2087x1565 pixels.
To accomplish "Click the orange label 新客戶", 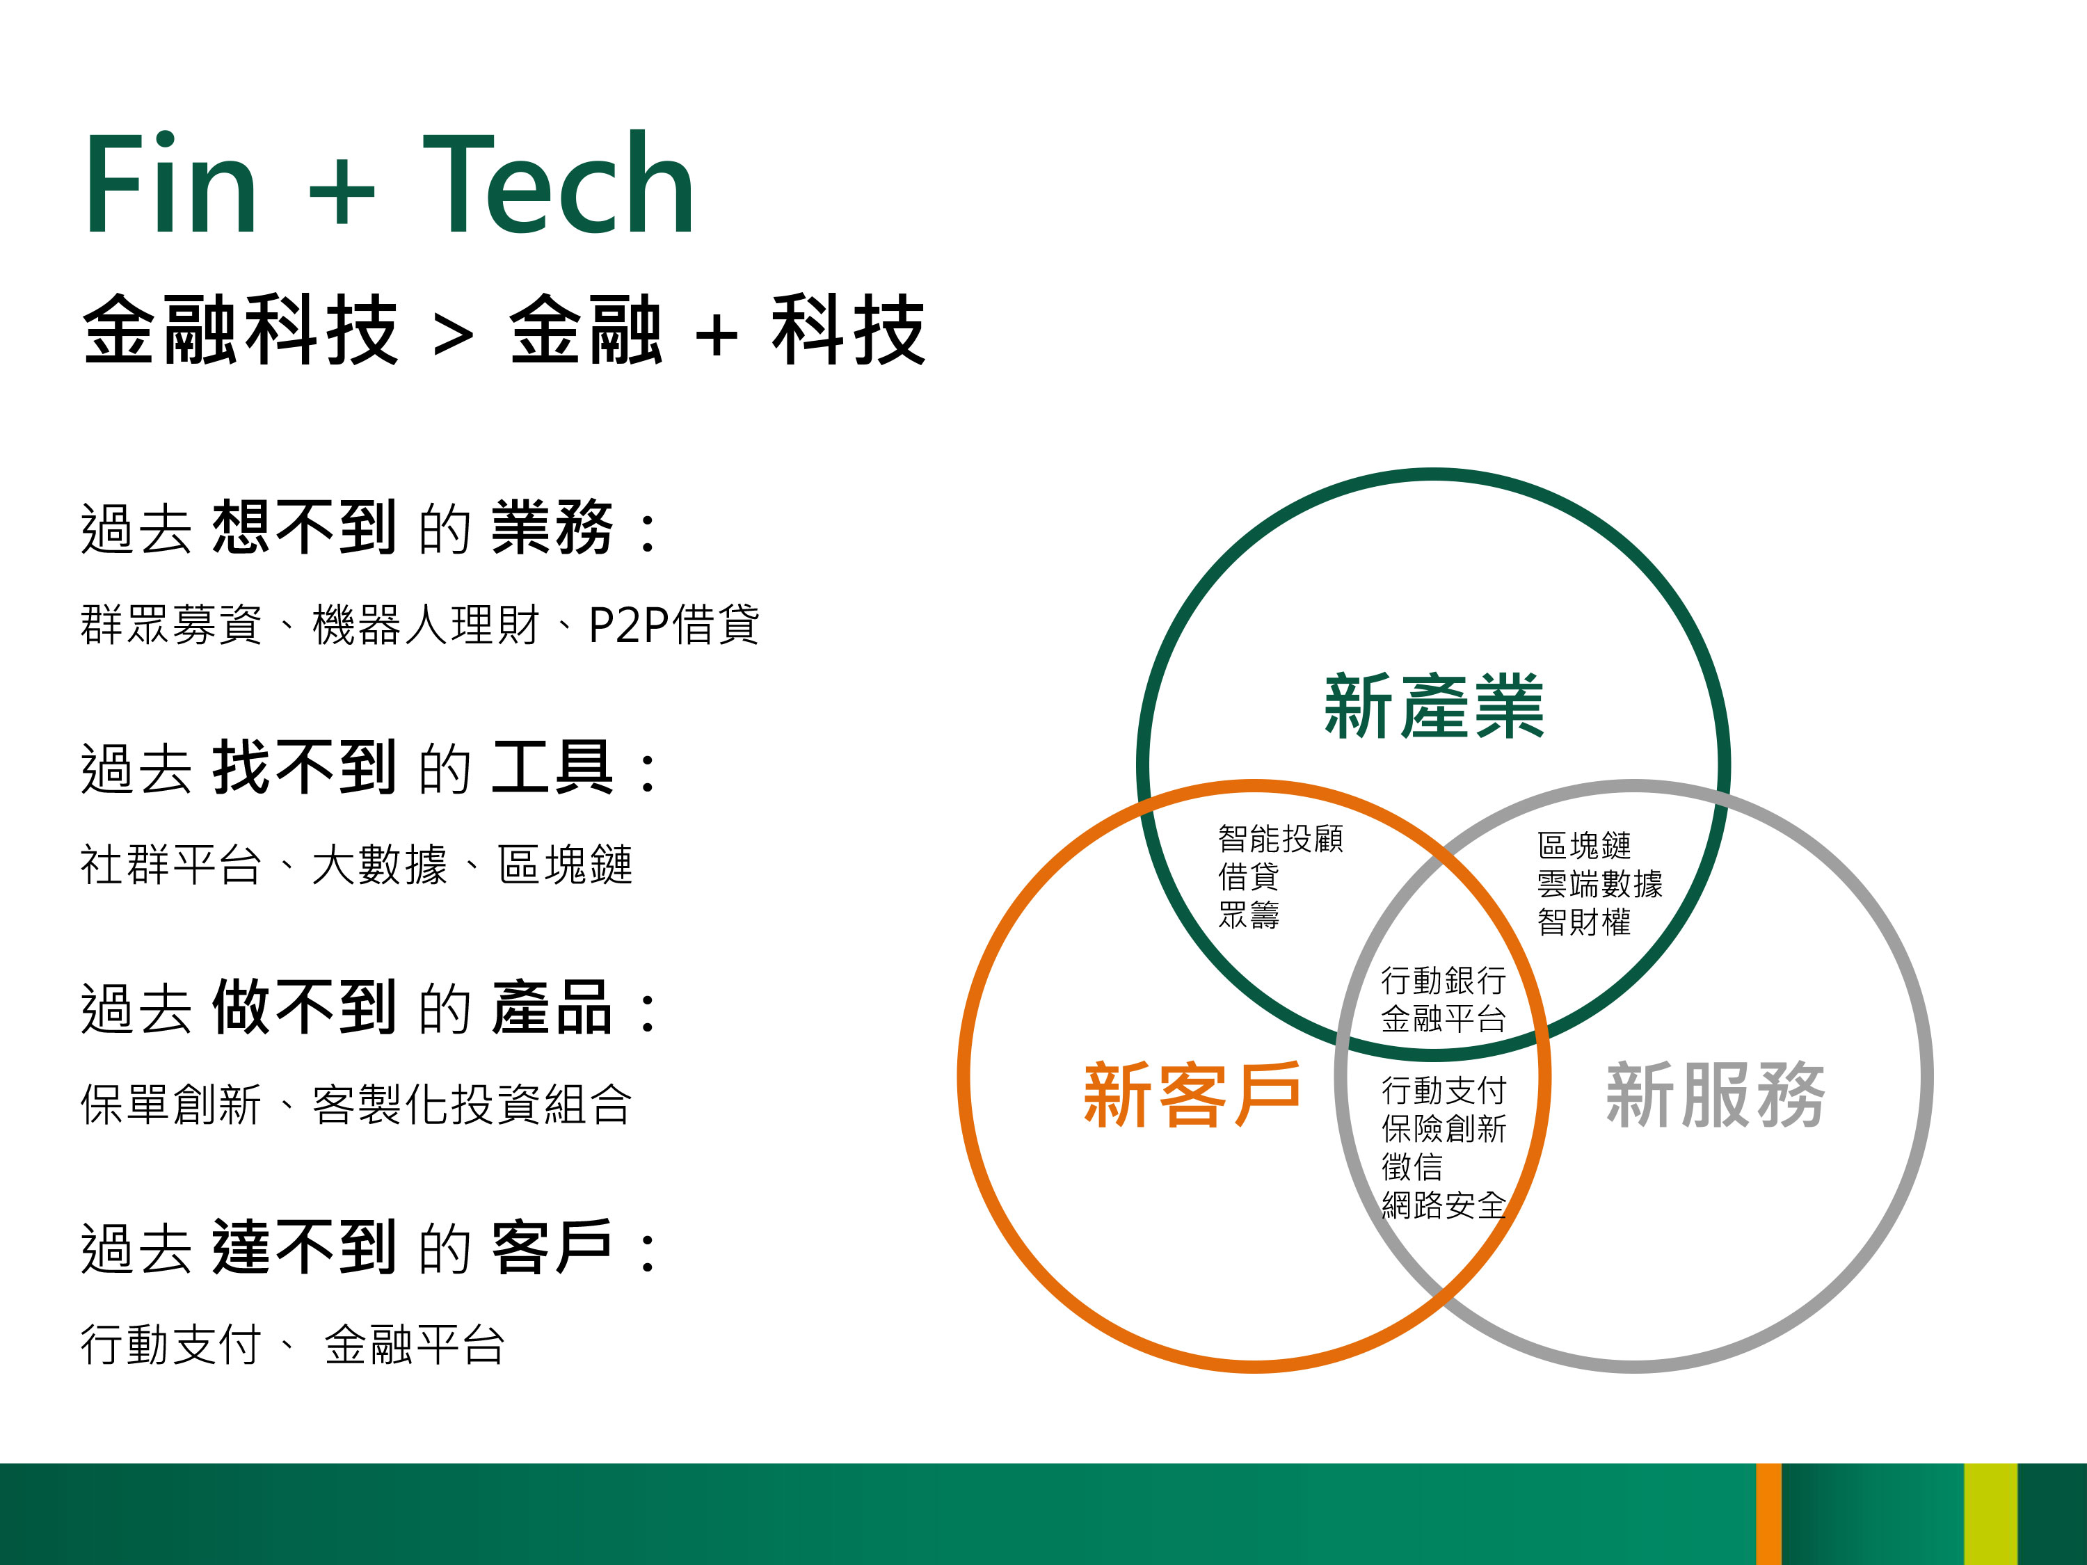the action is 1192,1094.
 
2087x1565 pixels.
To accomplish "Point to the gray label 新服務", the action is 1716,1094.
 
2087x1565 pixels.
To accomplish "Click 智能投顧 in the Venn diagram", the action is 1280,837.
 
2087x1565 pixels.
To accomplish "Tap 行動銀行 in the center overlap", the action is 1444,980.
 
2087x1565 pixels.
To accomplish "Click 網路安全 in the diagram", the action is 1444,1205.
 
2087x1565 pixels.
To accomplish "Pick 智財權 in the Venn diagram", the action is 1584,921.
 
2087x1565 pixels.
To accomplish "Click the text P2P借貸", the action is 673,625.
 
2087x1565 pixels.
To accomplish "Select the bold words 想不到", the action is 304,527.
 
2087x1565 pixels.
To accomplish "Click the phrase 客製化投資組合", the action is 471,1104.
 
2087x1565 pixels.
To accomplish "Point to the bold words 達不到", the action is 304,1247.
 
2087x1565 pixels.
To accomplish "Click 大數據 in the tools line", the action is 379,864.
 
